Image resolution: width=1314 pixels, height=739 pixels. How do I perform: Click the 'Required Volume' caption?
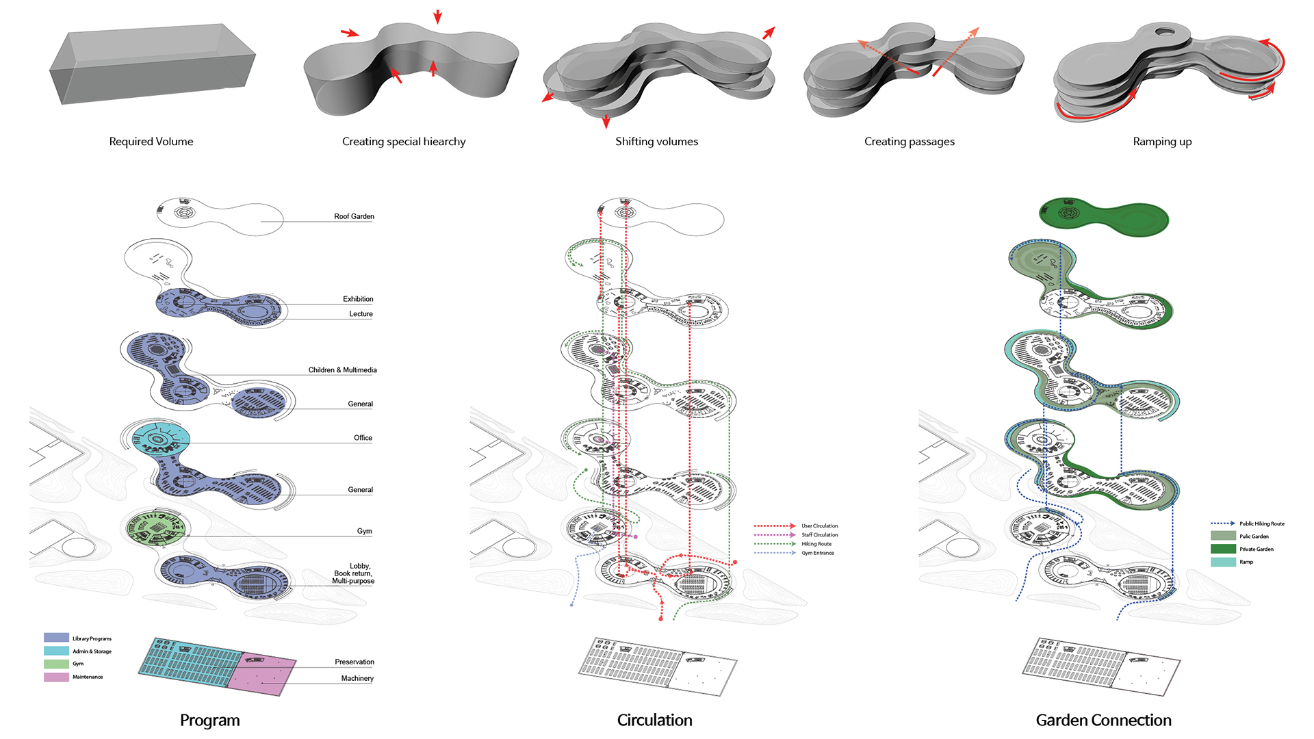click(151, 142)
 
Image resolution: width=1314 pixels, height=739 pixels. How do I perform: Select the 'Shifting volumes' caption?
click(656, 142)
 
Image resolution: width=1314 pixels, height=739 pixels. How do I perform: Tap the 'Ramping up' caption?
click(1162, 142)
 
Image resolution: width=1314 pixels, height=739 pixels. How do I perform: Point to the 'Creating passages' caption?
click(909, 142)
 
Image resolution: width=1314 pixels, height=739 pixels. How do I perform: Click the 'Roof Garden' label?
click(354, 216)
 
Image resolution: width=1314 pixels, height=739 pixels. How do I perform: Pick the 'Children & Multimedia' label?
click(342, 370)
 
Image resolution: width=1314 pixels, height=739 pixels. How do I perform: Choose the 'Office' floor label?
click(363, 438)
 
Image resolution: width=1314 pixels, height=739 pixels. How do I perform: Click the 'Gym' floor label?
click(364, 531)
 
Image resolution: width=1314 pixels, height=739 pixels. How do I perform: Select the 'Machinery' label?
click(357, 679)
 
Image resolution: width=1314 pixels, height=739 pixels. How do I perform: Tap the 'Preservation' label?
click(355, 662)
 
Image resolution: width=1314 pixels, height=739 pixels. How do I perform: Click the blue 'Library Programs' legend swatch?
click(56, 638)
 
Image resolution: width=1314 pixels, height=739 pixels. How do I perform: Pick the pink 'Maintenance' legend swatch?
click(56, 677)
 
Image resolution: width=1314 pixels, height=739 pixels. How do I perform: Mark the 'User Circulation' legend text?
click(820, 526)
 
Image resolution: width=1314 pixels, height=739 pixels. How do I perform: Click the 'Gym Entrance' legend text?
click(818, 553)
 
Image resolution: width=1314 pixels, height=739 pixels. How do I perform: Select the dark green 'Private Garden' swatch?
click(1223, 549)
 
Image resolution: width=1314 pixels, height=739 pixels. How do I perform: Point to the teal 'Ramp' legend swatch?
click(1223, 562)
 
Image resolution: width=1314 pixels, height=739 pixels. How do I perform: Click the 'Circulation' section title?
click(654, 720)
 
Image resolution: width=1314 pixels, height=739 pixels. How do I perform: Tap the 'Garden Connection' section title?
click(1103, 720)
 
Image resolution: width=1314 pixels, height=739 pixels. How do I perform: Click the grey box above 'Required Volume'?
click(152, 65)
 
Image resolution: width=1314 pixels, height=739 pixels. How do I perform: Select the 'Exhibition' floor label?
click(358, 299)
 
